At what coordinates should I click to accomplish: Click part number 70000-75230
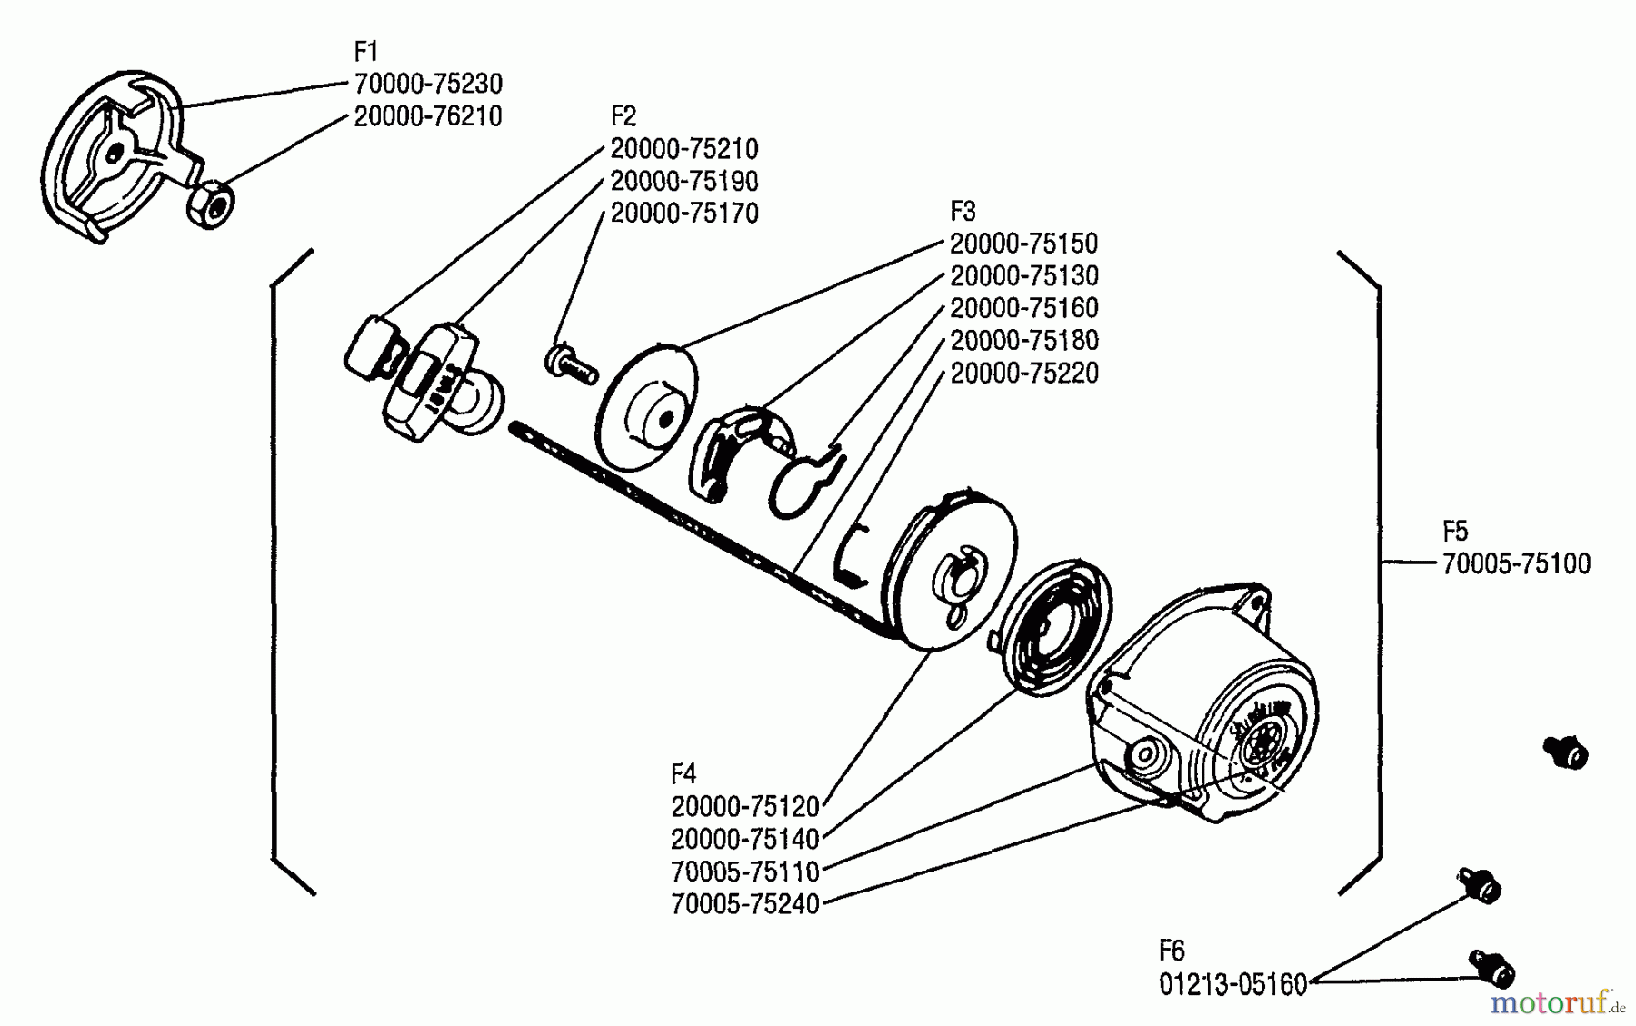(x=427, y=84)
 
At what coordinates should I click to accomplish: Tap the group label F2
(x=623, y=116)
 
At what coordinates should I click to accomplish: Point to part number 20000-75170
(x=683, y=214)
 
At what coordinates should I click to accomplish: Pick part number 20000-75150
(x=1023, y=244)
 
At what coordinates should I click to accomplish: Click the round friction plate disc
(x=647, y=409)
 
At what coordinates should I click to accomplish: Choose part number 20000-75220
(x=1023, y=373)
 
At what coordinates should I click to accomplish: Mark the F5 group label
(x=1455, y=531)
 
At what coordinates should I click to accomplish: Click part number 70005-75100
(x=1516, y=563)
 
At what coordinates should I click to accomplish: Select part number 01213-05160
(x=1232, y=984)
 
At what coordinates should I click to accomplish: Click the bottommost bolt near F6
(x=1491, y=969)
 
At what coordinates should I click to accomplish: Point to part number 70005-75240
(x=744, y=904)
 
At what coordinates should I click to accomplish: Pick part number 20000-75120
(x=744, y=806)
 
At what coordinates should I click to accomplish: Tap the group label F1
(x=365, y=51)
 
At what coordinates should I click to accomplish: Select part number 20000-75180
(x=1023, y=340)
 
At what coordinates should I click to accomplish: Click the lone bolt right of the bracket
(x=1565, y=752)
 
